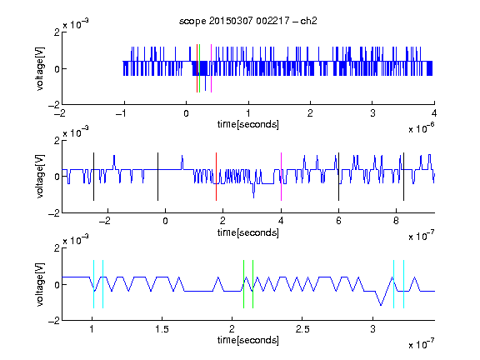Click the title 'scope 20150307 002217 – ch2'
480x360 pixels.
pyautogui.click(x=248, y=21)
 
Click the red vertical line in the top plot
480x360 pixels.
pyautogui.click(x=197, y=68)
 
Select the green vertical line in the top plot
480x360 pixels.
pyautogui.click(x=200, y=68)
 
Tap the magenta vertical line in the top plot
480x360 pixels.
pyautogui.click(x=211, y=68)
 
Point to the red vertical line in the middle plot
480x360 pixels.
pyautogui.click(x=216, y=177)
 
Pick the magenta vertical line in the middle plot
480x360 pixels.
pyautogui.click(x=281, y=177)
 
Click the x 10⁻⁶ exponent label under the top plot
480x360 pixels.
pyautogui.click(x=422, y=128)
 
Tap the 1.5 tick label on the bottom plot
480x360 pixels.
pyautogui.click(x=162, y=329)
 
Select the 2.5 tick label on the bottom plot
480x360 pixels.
pyautogui.click(x=302, y=329)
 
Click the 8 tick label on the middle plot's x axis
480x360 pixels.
pyautogui.click(x=396, y=221)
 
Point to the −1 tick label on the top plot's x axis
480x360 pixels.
pyautogui.click(x=121, y=113)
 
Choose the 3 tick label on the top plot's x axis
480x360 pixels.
pyautogui.click(x=372, y=113)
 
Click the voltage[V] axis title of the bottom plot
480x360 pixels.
pyautogui.click(x=40, y=284)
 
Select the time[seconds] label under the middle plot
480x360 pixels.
pyautogui.click(x=248, y=232)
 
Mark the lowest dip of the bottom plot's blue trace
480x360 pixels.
pyautogui.click(x=381, y=305)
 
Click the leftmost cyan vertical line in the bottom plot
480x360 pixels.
pyautogui.click(x=93, y=284)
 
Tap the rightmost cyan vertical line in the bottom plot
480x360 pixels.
pyautogui.click(x=404, y=284)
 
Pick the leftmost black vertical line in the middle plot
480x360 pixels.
pyautogui.click(x=93, y=177)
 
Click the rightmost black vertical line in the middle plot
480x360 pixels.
pyautogui.click(x=403, y=177)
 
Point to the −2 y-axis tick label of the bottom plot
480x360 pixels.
pyautogui.click(x=54, y=321)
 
